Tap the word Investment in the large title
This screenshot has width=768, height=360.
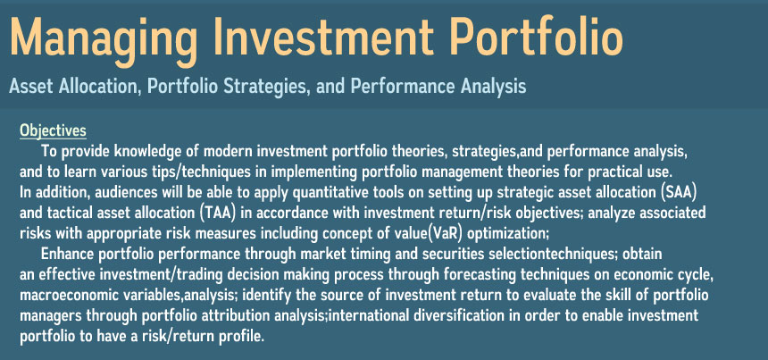[321, 37]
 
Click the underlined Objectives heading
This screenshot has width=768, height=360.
[53, 131]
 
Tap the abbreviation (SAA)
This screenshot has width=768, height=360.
[679, 192]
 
